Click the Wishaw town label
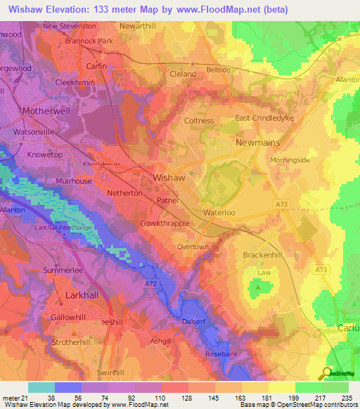[x=169, y=178]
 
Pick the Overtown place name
[x=192, y=247]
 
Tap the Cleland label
[x=183, y=73]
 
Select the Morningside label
[x=290, y=160]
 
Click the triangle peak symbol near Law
[x=259, y=286]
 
